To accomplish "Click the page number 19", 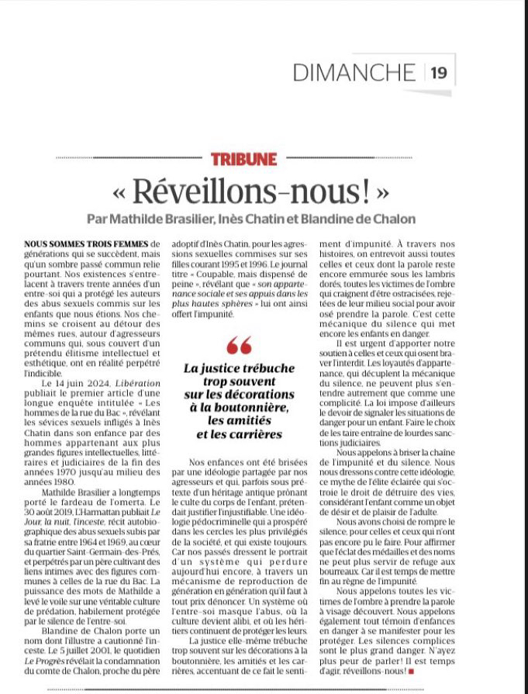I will click(439, 72).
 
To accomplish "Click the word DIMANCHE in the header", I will click(354, 72).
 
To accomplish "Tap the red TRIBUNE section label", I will click(243, 159).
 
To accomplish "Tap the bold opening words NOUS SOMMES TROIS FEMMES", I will click(85, 243).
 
